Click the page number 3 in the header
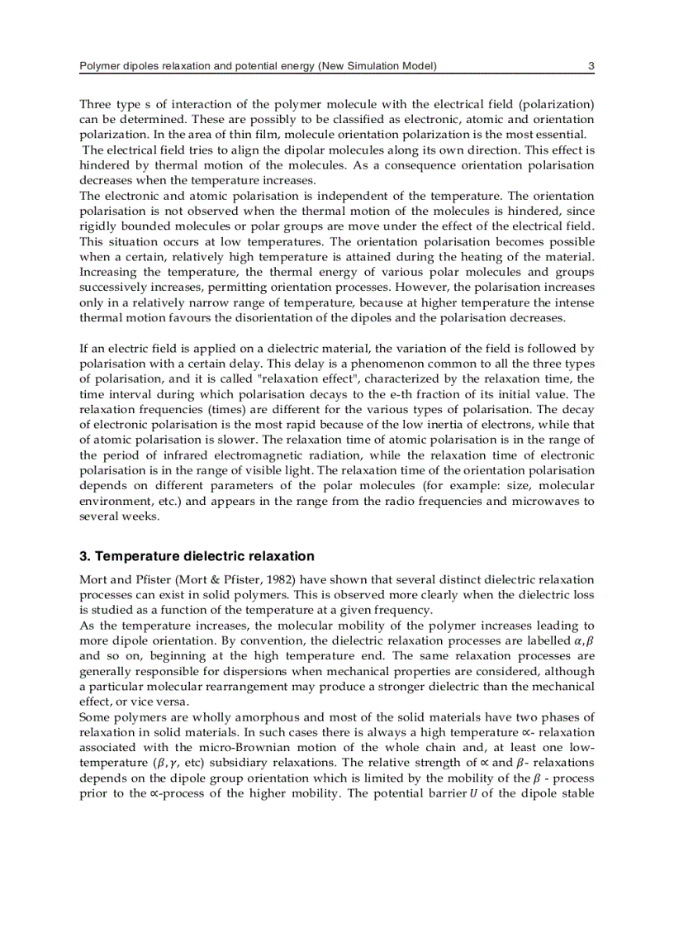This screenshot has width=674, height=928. click(x=591, y=66)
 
